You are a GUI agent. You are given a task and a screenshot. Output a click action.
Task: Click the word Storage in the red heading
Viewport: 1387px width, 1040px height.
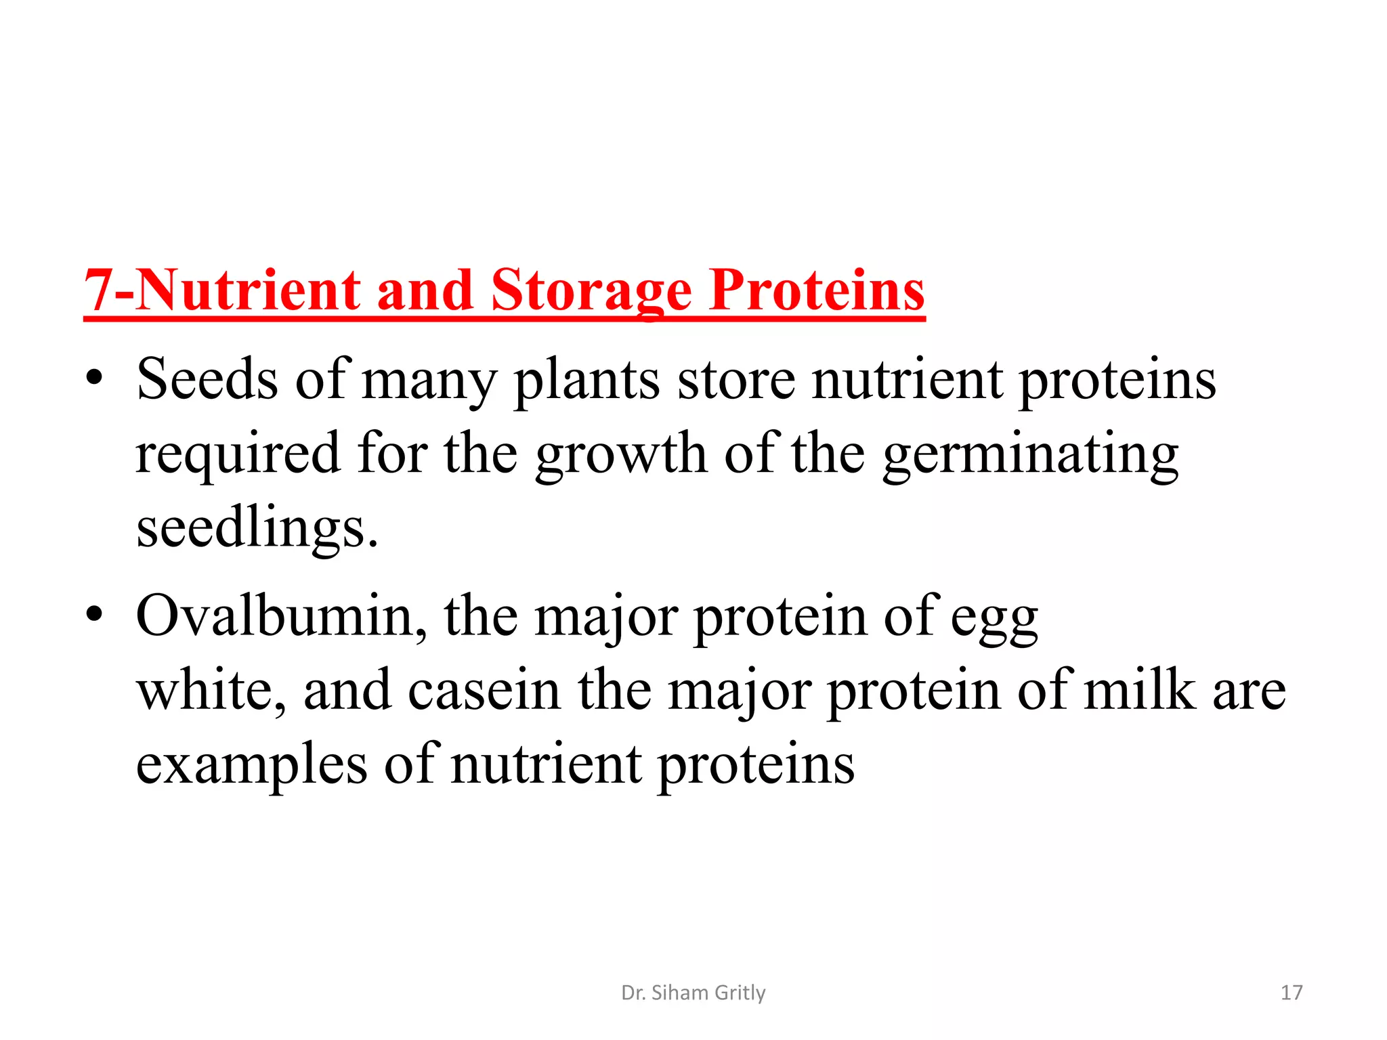click(x=591, y=291)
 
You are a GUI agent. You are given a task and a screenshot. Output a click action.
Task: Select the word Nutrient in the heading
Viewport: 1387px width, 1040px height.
click(x=248, y=291)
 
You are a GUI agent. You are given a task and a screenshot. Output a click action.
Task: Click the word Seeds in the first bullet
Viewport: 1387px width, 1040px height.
click(x=207, y=379)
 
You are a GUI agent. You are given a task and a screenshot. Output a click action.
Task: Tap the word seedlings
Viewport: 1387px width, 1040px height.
click(x=257, y=529)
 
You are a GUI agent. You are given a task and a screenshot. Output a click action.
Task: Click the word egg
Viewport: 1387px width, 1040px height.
click(x=994, y=619)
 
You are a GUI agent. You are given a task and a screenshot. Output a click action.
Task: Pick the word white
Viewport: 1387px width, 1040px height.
click(x=211, y=691)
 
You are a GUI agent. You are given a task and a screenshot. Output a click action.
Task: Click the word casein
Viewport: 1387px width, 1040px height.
click(x=484, y=691)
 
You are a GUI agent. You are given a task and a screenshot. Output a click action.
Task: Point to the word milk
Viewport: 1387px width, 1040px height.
click(x=1139, y=691)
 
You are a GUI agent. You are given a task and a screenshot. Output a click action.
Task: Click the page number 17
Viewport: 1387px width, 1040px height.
click(x=1292, y=993)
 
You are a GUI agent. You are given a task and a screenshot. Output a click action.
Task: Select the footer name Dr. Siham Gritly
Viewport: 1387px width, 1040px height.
click(x=693, y=993)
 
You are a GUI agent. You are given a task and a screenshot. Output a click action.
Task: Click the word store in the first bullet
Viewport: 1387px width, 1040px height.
click(x=736, y=379)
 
